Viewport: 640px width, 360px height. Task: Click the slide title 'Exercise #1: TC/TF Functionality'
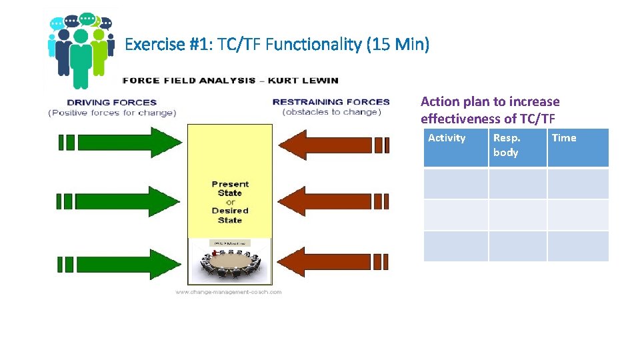point(277,45)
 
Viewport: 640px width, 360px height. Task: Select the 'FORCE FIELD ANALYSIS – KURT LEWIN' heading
point(231,81)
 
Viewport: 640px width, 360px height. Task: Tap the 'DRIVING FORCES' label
point(112,102)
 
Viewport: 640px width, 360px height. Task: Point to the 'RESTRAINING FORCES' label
point(331,102)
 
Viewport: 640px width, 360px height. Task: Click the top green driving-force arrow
point(120,142)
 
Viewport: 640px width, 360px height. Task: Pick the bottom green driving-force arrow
point(120,263)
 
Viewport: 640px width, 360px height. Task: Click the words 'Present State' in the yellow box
point(230,189)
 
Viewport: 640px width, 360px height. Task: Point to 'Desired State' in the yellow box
point(230,215)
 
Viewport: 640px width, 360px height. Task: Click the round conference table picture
point(231,265)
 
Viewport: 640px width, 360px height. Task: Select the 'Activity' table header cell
point(456,147)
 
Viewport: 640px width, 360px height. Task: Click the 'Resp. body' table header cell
point(517,147)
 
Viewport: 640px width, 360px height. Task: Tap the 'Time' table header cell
point(577,147)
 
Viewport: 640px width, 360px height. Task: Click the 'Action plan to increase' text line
point(490,101)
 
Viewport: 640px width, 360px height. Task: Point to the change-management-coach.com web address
point(229,292)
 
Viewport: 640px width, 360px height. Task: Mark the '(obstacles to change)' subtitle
point(331,112)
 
